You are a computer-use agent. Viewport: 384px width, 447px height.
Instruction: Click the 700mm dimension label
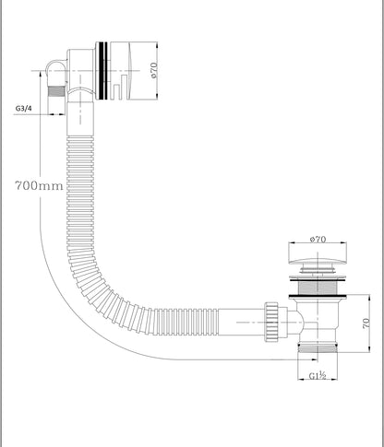(39, 185)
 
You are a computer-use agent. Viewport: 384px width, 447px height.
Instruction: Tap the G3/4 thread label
(23, 108)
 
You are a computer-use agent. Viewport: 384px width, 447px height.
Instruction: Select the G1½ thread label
(318, 375)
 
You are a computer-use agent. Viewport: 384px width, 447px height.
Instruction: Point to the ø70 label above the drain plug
(318, 239)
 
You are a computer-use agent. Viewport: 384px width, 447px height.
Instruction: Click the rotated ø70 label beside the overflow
(153, 70)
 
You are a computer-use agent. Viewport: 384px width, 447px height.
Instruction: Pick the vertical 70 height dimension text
(366, 323)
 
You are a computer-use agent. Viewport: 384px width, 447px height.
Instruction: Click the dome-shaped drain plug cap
(318, 262)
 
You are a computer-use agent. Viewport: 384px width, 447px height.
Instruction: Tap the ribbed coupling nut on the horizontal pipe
(271, 322)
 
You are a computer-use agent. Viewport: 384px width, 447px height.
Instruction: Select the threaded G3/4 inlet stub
(56, 91)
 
